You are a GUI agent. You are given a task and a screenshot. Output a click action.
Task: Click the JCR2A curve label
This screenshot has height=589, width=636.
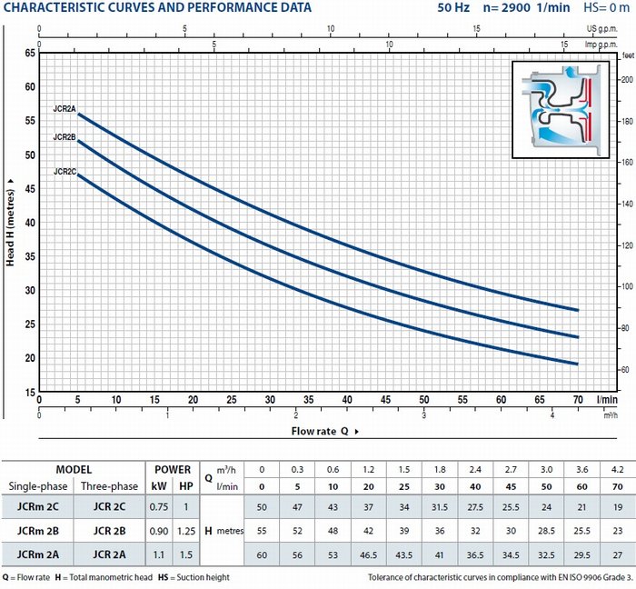point(65,109)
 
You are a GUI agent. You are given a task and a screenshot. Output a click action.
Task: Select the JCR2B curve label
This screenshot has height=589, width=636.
point(65,137)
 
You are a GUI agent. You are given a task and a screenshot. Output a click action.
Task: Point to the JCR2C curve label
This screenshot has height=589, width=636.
point(65,172)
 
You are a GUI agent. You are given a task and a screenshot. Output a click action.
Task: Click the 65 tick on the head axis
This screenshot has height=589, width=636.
point(30,53)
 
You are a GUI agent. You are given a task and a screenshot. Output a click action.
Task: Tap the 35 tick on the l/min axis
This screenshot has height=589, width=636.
point(309,400)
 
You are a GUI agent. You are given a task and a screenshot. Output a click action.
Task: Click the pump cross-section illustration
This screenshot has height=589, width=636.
point(561,110)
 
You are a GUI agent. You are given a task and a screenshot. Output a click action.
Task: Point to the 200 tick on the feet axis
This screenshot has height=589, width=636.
point(627,79)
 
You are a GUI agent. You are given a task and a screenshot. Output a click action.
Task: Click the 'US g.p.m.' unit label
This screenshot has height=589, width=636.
point(601,29)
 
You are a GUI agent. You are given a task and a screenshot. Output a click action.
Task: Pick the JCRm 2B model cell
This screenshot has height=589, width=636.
point(38,531)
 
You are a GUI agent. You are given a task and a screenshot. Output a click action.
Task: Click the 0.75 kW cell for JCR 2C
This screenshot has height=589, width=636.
point(159,506)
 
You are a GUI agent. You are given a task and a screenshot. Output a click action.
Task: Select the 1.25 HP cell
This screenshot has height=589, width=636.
point(186,531)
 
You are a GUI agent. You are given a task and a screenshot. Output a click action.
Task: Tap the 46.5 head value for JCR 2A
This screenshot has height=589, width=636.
point(368,554)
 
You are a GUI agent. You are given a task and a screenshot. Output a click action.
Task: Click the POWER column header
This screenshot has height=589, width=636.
point(173,470)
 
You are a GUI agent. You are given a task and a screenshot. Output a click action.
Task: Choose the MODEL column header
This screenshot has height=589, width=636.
point(74,470)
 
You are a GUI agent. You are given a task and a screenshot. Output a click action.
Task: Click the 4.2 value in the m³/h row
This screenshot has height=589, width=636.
point(617,470)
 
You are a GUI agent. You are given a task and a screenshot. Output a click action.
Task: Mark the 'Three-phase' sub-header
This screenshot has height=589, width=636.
point(109,486)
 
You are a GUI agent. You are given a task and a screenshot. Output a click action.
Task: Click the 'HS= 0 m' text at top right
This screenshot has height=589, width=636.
point(606,7)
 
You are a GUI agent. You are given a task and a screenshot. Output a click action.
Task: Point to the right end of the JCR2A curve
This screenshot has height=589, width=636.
point(578,310)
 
